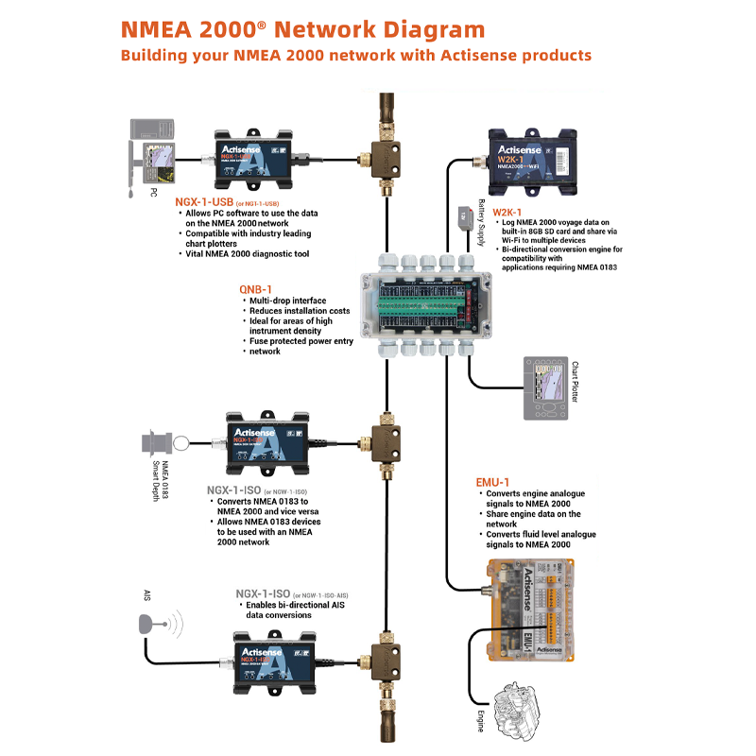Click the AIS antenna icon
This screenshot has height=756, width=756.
[151, 625]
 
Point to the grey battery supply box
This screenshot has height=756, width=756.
[463, 215]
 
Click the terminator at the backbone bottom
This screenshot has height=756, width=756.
[385, 728]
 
